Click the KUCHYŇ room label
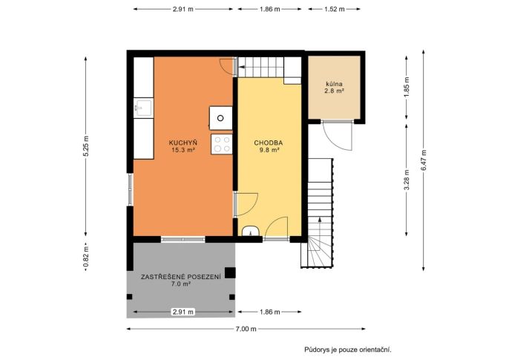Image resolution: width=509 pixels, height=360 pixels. click(183, 143)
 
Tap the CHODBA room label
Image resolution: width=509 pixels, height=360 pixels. click(268, 143)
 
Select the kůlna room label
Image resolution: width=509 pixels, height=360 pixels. click(335, 84)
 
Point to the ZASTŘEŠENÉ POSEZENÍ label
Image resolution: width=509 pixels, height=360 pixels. click(181, 277)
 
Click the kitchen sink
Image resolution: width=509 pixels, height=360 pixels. click(143, 108)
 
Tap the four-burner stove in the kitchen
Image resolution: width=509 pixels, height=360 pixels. click(222, 144)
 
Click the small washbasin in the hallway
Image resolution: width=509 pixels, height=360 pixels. click(251, 231)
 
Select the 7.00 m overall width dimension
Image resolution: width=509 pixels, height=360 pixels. click(246, 329)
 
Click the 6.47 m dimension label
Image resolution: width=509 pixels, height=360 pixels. click(424, 160)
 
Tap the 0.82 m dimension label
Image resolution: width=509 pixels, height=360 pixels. click(86, 257)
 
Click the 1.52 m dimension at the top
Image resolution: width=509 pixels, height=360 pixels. click(335, 9)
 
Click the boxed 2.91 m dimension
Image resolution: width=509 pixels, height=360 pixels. click(183, 312)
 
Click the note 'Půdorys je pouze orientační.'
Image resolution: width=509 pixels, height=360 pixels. click(348, 350)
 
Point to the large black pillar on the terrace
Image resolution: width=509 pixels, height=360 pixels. click(230, 272)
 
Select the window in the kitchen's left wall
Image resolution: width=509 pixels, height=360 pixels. click(130, 189)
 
